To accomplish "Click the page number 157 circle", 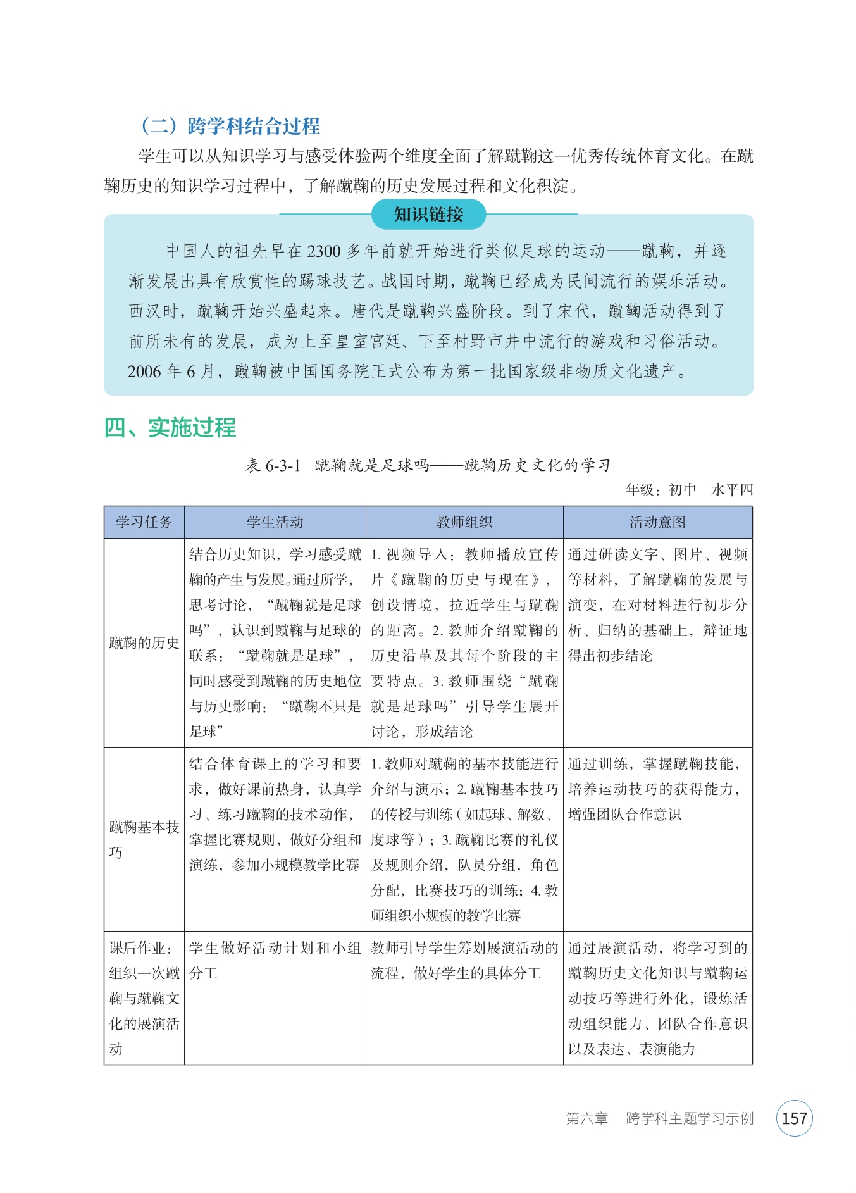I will [x=794, y=1118].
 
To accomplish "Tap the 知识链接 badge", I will [x=428, y=215].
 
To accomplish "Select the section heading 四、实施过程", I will [x=170, y=428].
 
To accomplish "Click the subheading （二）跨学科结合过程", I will [x=230, y=126].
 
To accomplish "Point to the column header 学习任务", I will [x=144, y=522].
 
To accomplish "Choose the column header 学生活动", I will [x=275, y=522].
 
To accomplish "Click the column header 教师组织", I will [x=464, y=522].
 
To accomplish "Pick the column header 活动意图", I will [x=657, y=522].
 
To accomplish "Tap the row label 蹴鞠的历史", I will [x=144, y=643].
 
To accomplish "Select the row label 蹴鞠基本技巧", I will [x=144, y=839].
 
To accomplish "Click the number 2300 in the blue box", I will [x=324, y=251].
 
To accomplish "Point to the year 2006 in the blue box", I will [x=144, y=372].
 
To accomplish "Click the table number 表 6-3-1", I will [x=273, y=466].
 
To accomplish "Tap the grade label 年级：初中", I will [x=661, y=489].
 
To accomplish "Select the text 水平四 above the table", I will [x=732, y=489].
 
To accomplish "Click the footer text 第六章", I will [x=586, y=1118].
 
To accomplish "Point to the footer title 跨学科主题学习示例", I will [x=690, y=1118].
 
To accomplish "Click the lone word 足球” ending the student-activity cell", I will [x=206, y=732].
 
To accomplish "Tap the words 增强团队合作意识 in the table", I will [x=624, y=815].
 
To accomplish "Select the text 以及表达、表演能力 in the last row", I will [x=631, y=1049].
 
